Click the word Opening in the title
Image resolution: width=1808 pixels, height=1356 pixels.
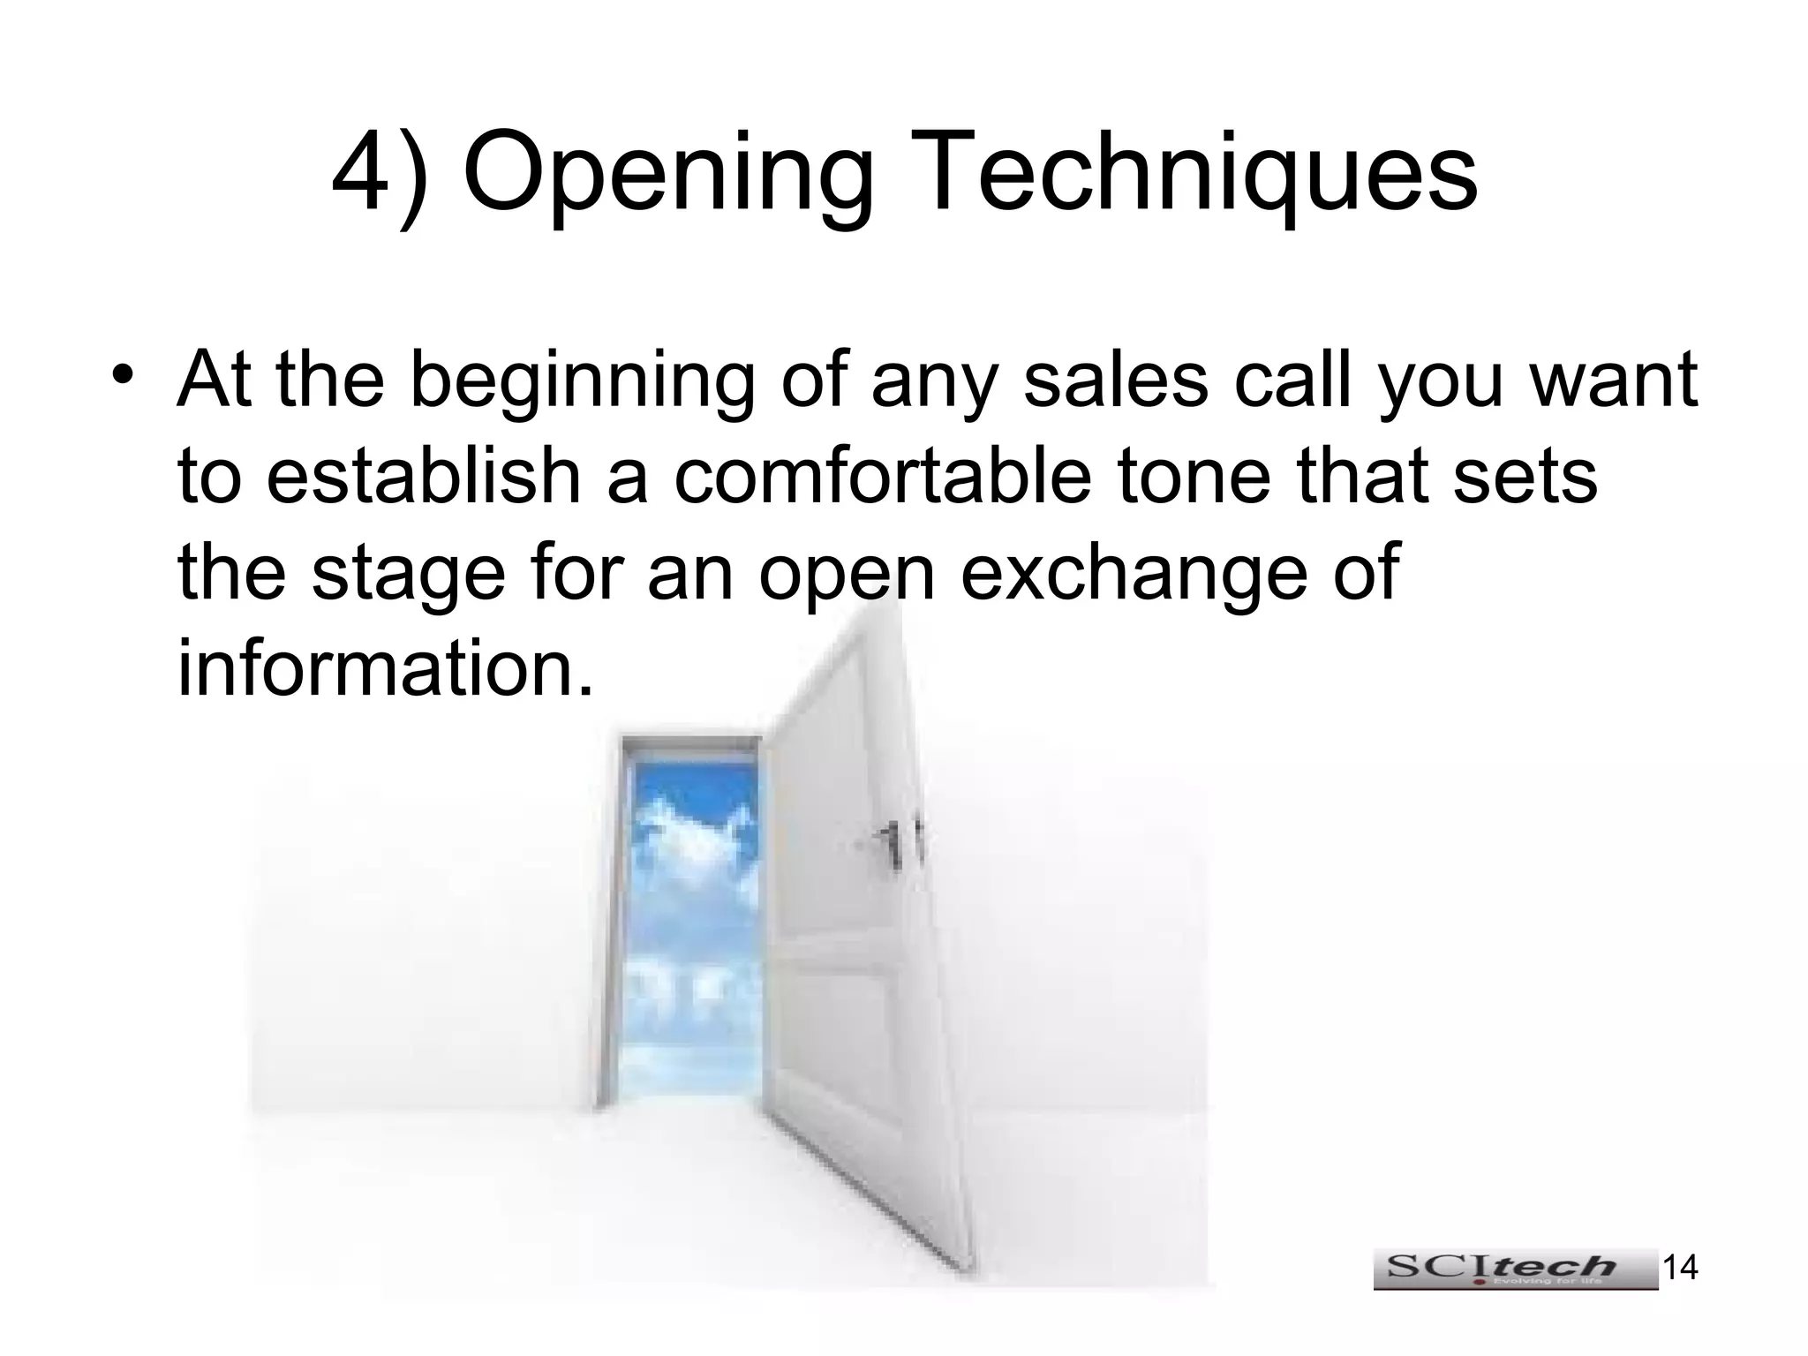667,172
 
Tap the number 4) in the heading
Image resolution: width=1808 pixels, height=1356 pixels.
380,172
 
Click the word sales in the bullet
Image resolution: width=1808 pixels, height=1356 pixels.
1116,380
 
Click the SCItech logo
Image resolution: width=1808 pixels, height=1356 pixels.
1515,1269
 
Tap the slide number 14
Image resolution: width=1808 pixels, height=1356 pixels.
1680,1268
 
